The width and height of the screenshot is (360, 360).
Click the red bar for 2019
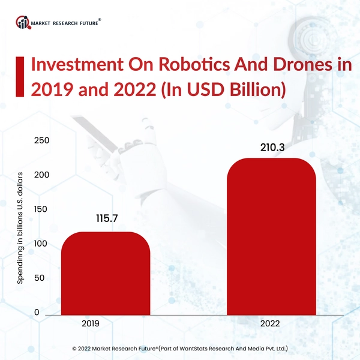click(x=105, y=273)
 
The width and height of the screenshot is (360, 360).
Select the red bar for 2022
click(x=271, y=236)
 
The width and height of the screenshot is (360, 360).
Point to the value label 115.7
click(x=106, y=219)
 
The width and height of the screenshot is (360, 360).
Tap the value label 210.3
click(x=271, y=146)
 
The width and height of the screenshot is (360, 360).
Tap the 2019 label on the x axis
click(x=90, y=323)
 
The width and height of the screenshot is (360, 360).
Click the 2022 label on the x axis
click(x=271, y=323)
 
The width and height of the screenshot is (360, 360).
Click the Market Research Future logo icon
click(x=23, y=22)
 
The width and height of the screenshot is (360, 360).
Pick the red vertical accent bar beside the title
click(x=20, y=76)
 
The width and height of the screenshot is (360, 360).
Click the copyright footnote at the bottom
click(x=180, y=347)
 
